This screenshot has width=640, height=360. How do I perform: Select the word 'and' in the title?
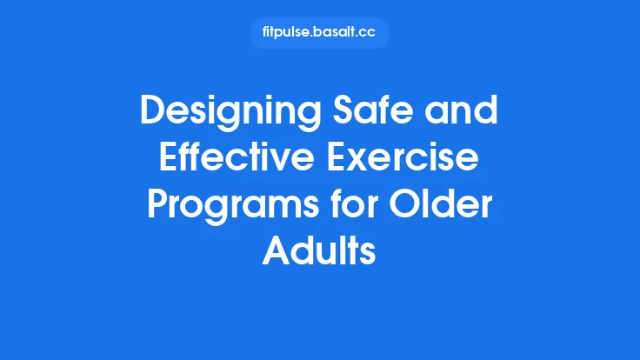point(466,115)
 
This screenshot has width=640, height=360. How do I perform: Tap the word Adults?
point(320,255)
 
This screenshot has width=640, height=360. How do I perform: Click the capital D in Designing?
point(152,115)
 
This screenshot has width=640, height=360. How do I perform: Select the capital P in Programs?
point(157,209)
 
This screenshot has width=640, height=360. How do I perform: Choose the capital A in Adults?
point(277,255)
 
